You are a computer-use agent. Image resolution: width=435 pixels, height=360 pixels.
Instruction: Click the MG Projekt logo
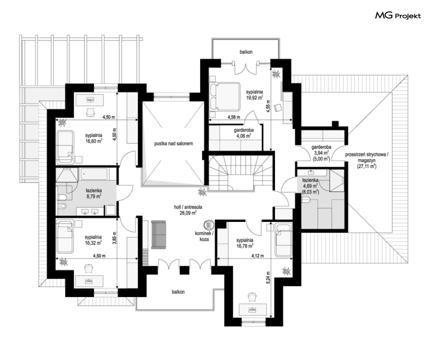pos(398,16)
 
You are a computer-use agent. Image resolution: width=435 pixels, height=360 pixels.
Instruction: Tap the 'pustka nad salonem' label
pos(174,144)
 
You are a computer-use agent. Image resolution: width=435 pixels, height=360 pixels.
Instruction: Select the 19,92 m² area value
pos(254,97)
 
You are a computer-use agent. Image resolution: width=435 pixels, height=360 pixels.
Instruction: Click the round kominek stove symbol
pos(209,224)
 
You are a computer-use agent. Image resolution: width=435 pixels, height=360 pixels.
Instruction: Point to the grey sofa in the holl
pos(158,235)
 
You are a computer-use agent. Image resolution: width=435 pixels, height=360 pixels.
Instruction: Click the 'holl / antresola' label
pos(188,207)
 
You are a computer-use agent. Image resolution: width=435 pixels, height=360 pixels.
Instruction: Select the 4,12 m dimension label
pos(258,256)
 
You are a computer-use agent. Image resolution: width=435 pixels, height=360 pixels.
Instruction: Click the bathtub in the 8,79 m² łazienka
pos(94,174)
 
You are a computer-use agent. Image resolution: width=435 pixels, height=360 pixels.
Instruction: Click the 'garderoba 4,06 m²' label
pos(244,133)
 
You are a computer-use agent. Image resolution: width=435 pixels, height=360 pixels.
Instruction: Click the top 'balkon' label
pos(246,52)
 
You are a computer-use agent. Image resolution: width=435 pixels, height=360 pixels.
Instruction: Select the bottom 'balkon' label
pos(178,292)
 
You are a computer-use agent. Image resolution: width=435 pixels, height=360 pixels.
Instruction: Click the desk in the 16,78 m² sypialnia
pos(253,309)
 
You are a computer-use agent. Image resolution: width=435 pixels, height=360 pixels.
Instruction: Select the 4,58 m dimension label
pos(234,117)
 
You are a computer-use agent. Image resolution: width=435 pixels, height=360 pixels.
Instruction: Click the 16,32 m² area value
pos(93,242)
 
